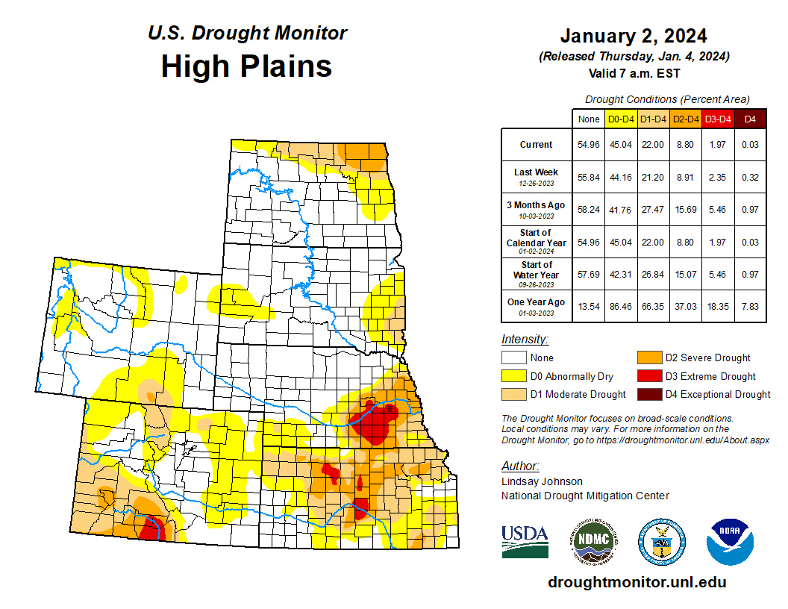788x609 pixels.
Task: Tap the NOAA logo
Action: [x=730, y=542]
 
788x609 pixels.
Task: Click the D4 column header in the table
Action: [x=751, y=119]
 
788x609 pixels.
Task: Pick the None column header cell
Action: [x=589, y=119]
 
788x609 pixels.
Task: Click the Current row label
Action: [x=537, y=145]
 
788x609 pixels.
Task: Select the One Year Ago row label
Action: [x=537, y=302]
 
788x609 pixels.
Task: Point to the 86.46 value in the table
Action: [x=621, y=306]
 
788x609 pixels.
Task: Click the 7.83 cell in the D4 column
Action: [x=751, y=306]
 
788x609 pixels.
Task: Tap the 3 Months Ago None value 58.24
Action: [x=589, y=210]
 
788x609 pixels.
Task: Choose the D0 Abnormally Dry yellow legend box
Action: [x=513, y=376]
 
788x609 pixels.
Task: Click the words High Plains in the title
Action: [x=246, y=66]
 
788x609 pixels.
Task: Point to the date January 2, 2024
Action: [x=634, y=36]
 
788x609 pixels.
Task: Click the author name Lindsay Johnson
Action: [x=542, y=481]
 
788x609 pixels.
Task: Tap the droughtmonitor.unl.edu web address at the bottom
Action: [x=637, y=582]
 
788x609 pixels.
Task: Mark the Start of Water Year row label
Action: [x=537, y=274]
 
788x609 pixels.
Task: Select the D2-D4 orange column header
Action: [x=686, y=119]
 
